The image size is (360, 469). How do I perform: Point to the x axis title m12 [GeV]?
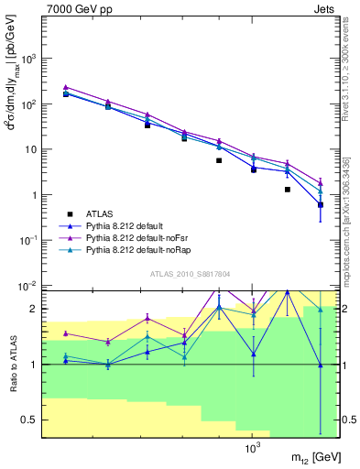point(304,457)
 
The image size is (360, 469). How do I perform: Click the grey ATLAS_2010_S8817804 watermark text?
point(183,274)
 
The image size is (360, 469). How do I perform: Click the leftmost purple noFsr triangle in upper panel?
point(66,87)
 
